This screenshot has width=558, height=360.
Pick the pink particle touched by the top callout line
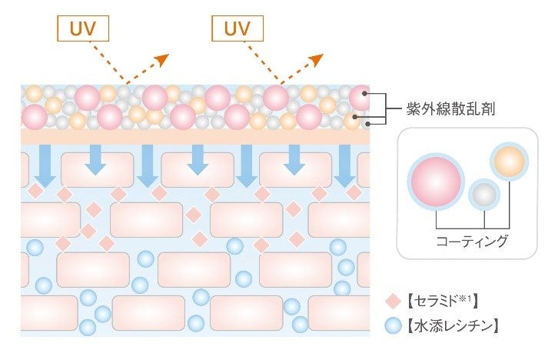tap(360, 97)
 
